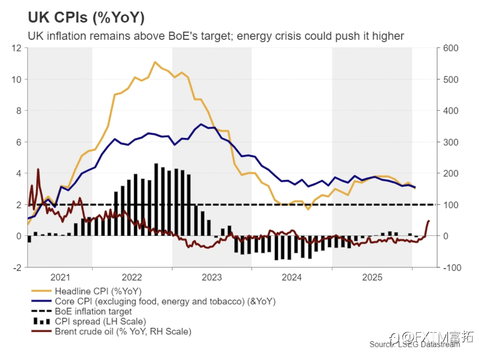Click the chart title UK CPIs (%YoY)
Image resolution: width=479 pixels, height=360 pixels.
[x=86, y=17]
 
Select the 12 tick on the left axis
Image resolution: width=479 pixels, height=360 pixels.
[x=17, y=48]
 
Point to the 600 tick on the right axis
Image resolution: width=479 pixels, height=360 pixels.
[x=451, y=48]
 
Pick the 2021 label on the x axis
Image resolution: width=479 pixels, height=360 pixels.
[x=60, y=277]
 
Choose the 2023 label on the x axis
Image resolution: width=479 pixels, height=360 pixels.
[x=212, y=277]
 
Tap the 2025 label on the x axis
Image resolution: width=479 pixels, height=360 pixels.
[x=372, y=277]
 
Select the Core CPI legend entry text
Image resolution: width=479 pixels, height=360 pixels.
[x=165, y=301]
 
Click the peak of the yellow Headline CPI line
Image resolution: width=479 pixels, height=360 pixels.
[x=155, y=62]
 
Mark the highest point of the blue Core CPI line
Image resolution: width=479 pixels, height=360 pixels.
[x=201, y=124]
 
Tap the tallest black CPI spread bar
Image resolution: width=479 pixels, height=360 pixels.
[x=156, y=199]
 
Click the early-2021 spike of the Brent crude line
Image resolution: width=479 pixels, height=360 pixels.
[x=38, y=169]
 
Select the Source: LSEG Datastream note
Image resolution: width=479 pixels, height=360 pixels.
[x=415, y=344]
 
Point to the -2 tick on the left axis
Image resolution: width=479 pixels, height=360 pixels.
[x=17, y=268]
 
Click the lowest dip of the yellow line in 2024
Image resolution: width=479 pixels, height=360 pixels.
[x=308, y=209]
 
